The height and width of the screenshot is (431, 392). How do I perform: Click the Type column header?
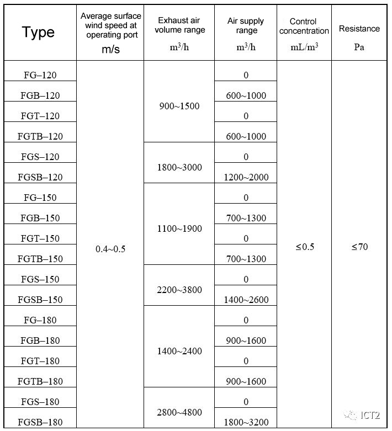tap(38, 33)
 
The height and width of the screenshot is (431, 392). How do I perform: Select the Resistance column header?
tap(359, 29)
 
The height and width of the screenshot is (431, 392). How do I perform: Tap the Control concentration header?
tap(304, 26)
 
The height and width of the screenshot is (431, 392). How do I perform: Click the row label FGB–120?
tap(40, 95)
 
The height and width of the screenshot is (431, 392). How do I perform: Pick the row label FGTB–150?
tap(40, 259)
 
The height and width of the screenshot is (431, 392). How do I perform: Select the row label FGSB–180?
tap(40, 422)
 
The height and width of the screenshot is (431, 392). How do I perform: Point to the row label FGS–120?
tap(40, 157)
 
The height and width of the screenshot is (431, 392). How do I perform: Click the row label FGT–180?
tap(40, 361)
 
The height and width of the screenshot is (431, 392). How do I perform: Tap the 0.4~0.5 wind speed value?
tap(110, 249)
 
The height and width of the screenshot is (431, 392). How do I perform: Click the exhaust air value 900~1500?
tap(179, 106)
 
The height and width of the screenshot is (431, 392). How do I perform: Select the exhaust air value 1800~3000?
tap(179, 167)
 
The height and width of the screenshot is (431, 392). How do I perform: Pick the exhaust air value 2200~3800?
tap(179, 290)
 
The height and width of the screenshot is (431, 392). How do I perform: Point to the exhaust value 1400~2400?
tap(179, 351)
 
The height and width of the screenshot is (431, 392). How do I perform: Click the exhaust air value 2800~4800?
tap(179, 412)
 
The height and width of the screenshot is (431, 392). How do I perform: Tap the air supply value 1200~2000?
tap(246, 177)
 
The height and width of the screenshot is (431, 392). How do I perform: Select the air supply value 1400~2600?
tap(246, 300)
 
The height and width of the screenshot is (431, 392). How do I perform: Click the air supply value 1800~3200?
tap(246, 422)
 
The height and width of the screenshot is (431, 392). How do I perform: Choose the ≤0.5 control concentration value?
tap(304, 247)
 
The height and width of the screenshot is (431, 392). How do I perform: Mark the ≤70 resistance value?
tap(359, 247)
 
